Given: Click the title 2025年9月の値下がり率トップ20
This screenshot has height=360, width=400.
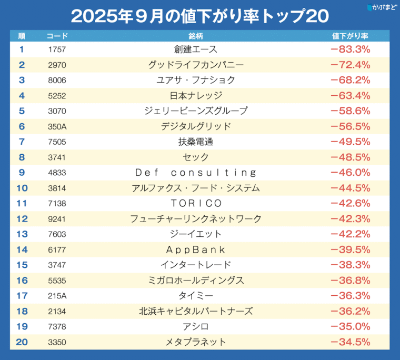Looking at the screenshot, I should coord(199,16).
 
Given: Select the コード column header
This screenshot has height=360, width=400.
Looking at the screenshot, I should coord(57,36).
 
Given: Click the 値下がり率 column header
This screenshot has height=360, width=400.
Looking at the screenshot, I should coord(350,36).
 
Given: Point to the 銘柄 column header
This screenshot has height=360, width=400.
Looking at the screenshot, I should coord(196,36).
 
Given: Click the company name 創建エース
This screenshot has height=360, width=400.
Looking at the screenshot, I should coord(196,49).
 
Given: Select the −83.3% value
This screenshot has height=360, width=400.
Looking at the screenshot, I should coord(350,49).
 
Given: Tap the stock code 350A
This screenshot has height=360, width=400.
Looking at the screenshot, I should coord(57,126).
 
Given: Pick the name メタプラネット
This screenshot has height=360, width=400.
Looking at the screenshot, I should coord(196,342).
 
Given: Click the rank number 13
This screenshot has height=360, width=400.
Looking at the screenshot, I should coord(22,234).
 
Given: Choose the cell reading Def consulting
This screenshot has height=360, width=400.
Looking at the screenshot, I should coord(196,173).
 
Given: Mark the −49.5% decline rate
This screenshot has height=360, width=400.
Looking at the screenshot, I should coord(350,142).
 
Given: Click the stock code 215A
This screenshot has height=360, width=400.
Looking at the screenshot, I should coord(57,296).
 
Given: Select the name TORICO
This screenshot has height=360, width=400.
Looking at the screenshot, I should coord(196,203).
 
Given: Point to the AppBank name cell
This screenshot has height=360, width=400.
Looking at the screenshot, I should coord(196,249).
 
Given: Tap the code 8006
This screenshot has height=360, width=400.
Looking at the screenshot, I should coord(57,80).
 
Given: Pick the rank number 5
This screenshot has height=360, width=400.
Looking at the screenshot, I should coord(22,111).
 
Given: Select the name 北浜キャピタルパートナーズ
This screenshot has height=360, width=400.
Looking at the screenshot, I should coord(196,311).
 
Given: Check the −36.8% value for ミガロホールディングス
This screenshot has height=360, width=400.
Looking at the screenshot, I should coord(350,281).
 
